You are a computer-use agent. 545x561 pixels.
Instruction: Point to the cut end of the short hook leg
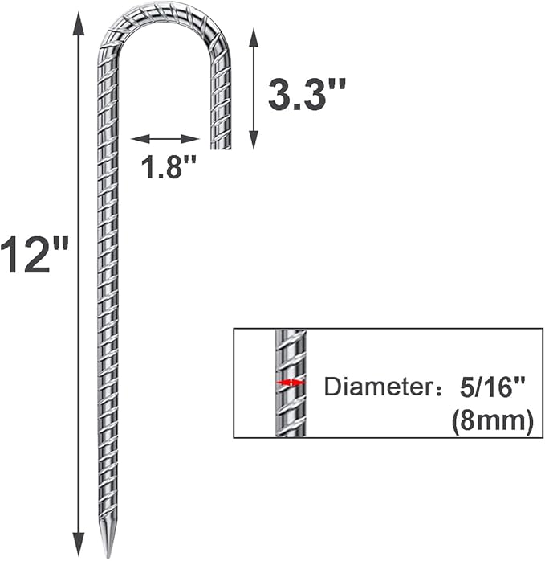coord(220,147)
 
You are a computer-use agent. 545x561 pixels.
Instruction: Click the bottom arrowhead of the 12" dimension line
coord(78,547)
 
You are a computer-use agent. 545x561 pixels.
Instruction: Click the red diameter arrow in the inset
coord(290,383)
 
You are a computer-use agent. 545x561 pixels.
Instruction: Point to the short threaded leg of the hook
coord(221,96)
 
